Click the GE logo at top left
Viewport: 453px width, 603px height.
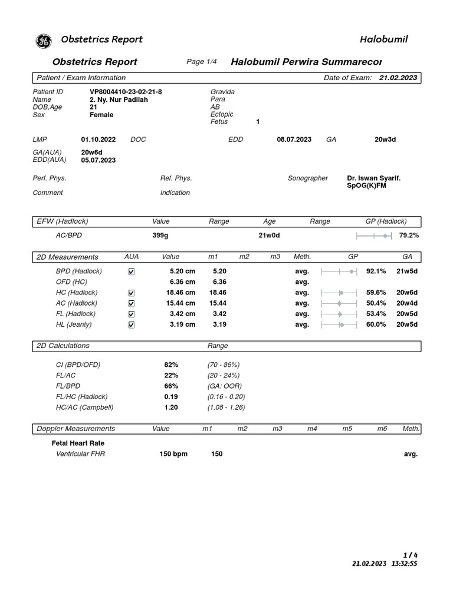point(44,41)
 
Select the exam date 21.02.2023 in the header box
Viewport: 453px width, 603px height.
point(398,78)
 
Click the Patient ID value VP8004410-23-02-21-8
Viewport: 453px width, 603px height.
point(126,92)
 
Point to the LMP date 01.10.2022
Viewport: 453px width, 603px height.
point(99,140)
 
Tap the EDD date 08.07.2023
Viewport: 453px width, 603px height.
point(294,140)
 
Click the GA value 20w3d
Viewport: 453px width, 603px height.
point(385,140)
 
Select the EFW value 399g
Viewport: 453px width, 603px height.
point(161,236)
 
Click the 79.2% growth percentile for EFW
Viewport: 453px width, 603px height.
point(409,236)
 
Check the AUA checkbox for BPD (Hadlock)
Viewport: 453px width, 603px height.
point(131,271)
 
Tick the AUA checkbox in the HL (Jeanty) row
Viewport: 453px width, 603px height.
point(131,324)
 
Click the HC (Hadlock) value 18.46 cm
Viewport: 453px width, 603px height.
point(179,293)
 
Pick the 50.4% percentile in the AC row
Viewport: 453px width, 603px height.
point(376,303)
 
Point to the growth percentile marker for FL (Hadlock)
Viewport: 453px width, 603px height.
point(340,314)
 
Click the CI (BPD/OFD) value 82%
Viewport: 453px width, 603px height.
point(171,365)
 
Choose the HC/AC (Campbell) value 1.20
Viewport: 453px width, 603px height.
point(171,407)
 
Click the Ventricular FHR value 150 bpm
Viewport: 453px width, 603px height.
point(173,455)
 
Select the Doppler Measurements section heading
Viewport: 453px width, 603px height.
point(76,429)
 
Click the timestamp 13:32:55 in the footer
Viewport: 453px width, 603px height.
point(404,564)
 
